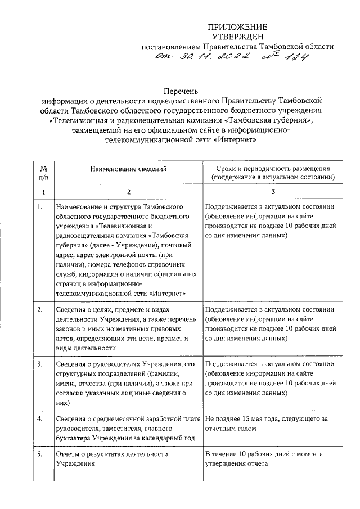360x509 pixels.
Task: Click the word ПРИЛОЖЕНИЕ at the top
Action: click(x=238, y=26)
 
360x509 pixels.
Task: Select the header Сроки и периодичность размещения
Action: click(x=273, y=168)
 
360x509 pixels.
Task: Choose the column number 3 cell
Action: click(x=273, y=192)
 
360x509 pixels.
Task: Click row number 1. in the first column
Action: click(x=40, y=207)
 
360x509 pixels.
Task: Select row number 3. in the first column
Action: click(x=40, y=364)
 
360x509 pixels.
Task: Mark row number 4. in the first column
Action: click(x=40, y=419)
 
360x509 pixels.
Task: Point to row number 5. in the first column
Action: click(x=40, y=454)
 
